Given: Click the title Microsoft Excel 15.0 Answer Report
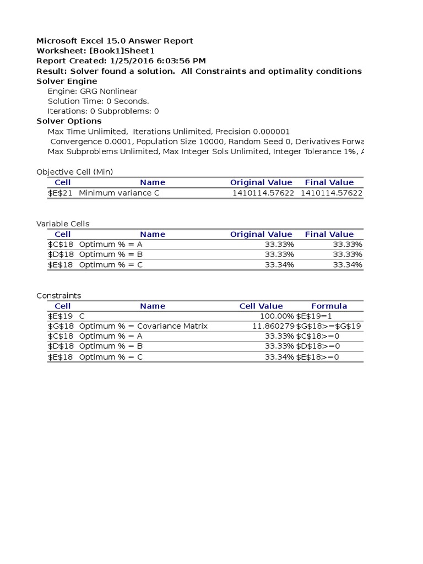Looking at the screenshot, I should tap(115, 41).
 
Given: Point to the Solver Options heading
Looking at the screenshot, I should tap(69, 121).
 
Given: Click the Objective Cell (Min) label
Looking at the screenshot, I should tap(74, 172).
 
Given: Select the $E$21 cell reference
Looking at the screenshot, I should tap(62, 193).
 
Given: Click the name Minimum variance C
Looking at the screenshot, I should tap(119, 193).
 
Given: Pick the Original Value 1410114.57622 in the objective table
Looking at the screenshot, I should tap(263, 193).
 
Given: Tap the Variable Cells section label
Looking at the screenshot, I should tap(63, 224).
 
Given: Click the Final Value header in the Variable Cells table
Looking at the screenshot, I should tap(329, 234).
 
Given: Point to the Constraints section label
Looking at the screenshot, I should tap(58, 296).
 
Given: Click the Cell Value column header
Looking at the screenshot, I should tap(261, 306).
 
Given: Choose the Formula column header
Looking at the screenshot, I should tap(329, 306).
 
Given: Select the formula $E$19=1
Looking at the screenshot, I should tap(314, 316).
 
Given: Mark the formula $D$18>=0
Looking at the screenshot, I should tap(318, 346).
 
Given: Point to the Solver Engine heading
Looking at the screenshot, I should tap(67, 82).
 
